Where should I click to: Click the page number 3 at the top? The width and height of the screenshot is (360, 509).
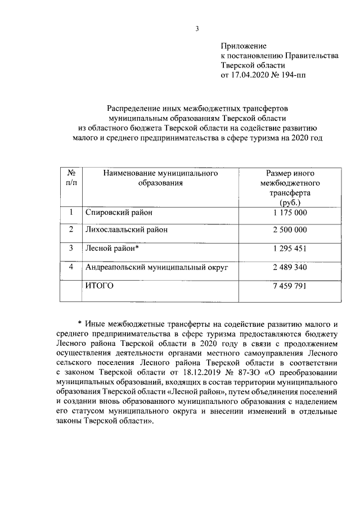pos(197,29)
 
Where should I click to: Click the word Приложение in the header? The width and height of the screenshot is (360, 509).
pos(243,46)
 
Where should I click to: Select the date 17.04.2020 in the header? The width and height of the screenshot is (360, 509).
pos(250,74)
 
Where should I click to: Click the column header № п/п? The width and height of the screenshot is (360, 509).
pos(71,179)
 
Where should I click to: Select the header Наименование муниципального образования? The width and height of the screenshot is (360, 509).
pos(160,179)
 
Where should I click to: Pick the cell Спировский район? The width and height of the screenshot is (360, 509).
pos(119,213)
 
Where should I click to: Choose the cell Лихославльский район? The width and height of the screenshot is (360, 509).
pos(126,230)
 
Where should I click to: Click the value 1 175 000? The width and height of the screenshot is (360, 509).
pos(290,213)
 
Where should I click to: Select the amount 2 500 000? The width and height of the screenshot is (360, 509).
pos(290,230)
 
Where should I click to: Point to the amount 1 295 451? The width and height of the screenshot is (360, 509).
pos(290,248)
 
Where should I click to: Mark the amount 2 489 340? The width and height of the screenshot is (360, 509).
pos(290,267)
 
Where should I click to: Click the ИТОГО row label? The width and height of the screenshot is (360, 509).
pos(99,286)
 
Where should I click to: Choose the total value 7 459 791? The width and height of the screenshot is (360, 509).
pos(290,286)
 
